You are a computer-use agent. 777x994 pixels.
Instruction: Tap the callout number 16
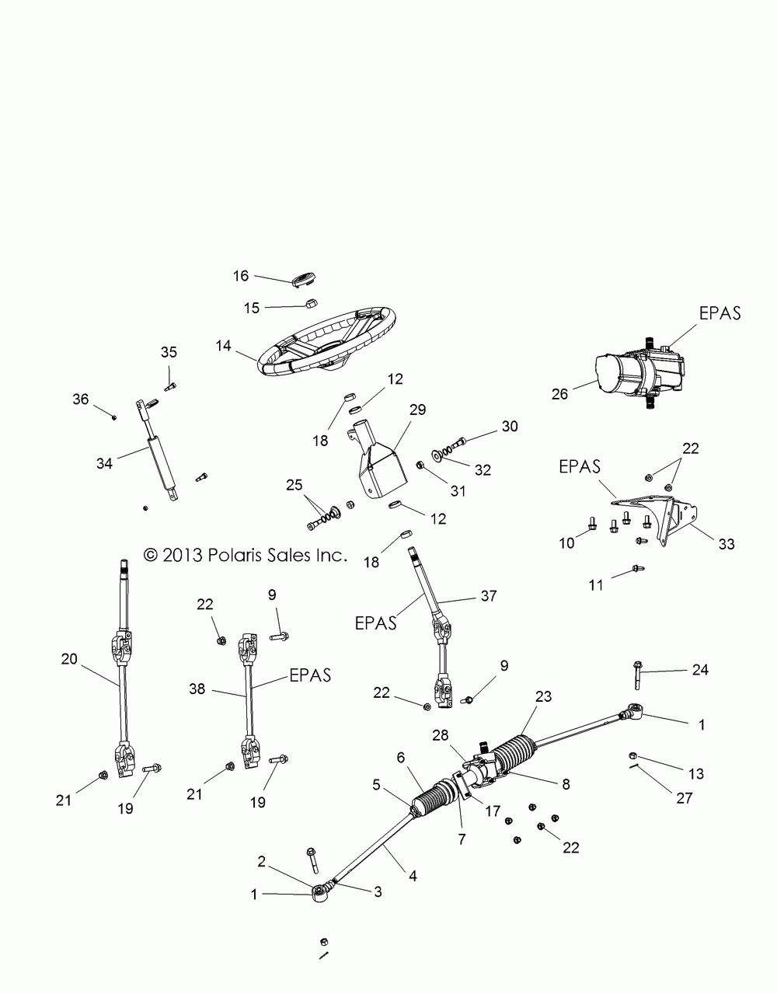click(x=241, y=276)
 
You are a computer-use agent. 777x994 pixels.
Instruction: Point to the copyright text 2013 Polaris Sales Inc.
click(x=244, y=555)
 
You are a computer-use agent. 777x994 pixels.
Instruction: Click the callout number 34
click(x=104, y=463)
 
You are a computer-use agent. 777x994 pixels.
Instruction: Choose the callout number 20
click(x=69, y=660)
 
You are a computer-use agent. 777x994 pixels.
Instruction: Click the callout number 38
click(x=197, y=688)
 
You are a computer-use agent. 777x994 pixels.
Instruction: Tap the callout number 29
click(x=418, y=410)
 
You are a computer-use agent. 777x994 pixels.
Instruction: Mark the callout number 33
click(x=726, y=545)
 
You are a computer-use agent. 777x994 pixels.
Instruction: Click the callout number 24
click(x=700, y=670)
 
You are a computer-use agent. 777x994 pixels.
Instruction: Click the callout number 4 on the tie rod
click(x=413, y=876)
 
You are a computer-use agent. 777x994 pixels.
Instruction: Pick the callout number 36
click(x=81, y=399)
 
